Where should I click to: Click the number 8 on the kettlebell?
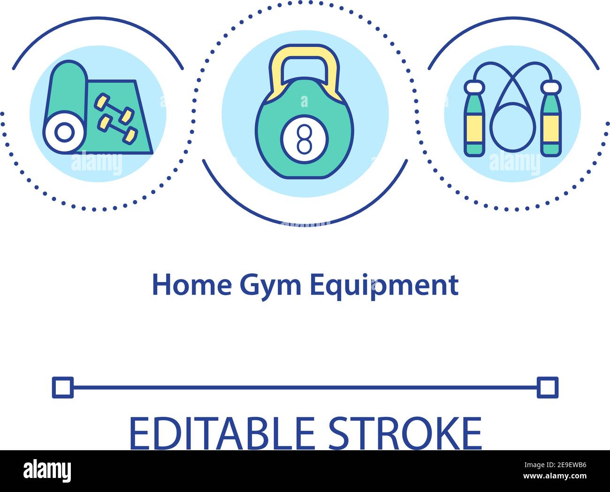[x=305, y=139]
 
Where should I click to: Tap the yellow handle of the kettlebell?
[x=305, y=56]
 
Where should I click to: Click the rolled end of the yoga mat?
[x=64, y=132]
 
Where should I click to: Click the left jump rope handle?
[x=474, y=120]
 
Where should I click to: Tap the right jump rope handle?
[x=550, y=120]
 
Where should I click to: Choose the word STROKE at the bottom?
[x=404, y=433]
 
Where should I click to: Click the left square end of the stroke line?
[x=63, y=387]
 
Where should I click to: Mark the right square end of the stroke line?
[x=548, y=387]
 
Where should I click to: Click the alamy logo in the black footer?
[x=47, y=470]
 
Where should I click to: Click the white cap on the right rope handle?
[x=550, y=86]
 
